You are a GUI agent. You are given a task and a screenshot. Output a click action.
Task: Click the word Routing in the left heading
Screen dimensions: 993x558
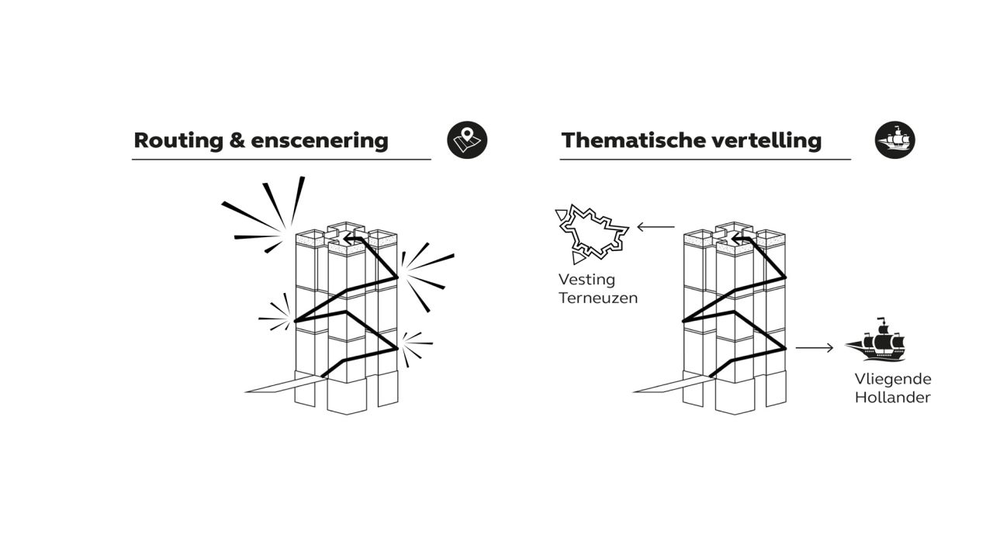tap(178, 141)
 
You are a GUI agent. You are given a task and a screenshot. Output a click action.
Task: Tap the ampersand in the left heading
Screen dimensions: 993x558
tap(237, 140)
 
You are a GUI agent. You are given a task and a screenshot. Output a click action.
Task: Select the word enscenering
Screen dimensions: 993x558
tap(320, 141)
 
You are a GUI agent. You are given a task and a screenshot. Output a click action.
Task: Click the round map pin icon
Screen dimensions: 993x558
tap(467, 140)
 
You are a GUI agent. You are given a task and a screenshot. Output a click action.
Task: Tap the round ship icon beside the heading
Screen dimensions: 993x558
tap(894, 140)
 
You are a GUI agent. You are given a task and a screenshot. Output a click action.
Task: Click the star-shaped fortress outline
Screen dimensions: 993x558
tap(591, 233)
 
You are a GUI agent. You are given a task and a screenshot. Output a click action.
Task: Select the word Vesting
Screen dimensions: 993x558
tap(586, 280)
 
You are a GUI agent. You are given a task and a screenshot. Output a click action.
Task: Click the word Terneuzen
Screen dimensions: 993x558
tap(598, 298)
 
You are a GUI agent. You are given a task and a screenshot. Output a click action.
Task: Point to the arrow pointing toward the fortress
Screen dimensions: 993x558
tap(656, 227)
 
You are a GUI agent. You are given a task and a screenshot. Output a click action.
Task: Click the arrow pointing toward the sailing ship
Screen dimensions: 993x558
tap(815, 348)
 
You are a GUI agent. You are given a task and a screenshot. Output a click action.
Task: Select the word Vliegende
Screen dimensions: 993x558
tap(893, 380)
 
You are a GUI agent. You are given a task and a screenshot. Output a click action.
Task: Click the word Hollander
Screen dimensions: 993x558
tap(892, 398)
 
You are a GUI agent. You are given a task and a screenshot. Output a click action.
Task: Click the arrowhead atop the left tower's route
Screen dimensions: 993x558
tap(349, 239)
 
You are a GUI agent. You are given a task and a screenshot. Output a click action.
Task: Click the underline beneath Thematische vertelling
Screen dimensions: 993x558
tap(705, 159)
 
